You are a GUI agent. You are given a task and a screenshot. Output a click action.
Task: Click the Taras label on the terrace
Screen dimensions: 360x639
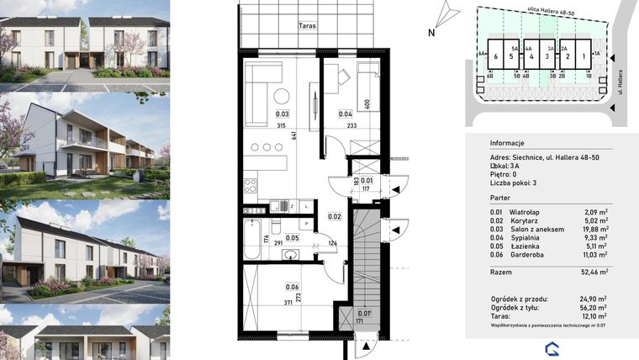click(x=306, y=27)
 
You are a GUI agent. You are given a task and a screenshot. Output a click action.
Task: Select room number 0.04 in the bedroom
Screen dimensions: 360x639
click(x=345, y=114)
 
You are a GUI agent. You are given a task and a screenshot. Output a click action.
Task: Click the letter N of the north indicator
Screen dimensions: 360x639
click(x=430, y=34)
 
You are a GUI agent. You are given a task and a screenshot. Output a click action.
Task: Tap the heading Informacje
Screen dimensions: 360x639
click(x=507, y=142)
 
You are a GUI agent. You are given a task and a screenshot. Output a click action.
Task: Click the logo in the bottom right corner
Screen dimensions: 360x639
click(x=552, y=348)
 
